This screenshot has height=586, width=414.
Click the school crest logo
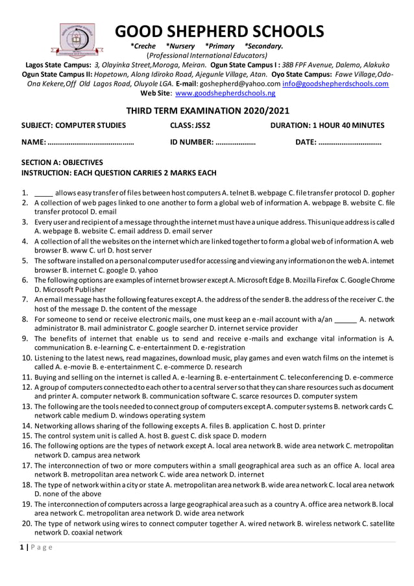[x=77, y=40]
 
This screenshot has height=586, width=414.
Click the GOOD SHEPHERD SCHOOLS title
[x=219, y=31]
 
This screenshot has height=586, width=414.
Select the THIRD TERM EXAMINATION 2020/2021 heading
[x=207, y=111]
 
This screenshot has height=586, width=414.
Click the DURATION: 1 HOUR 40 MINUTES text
[x=326, y=125]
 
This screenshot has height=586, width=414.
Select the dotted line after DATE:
[x=350, y=142]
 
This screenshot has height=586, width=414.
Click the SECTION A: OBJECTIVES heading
[x=62, y=162]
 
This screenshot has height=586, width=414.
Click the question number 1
[x=23, y=194]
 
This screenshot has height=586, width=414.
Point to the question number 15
[x=27, y=435]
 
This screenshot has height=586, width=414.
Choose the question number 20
[x=27, y=523]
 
